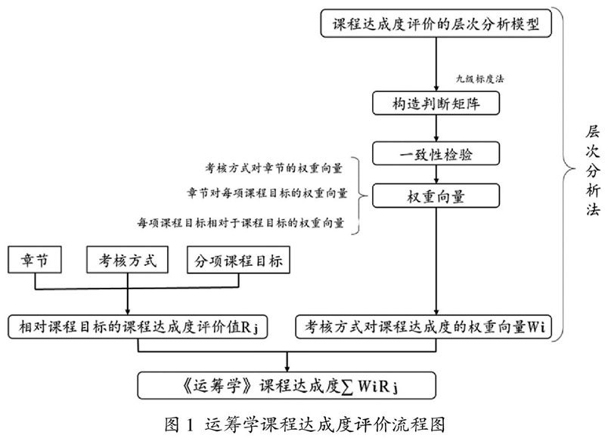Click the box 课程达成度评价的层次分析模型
[437, 23]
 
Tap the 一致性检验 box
[437, 155]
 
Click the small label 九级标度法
[479, 79]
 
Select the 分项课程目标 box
[239, 262]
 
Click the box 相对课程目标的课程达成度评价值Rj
[141, 326]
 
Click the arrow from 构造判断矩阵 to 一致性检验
[437, 129]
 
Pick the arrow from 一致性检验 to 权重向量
[437, 176]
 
